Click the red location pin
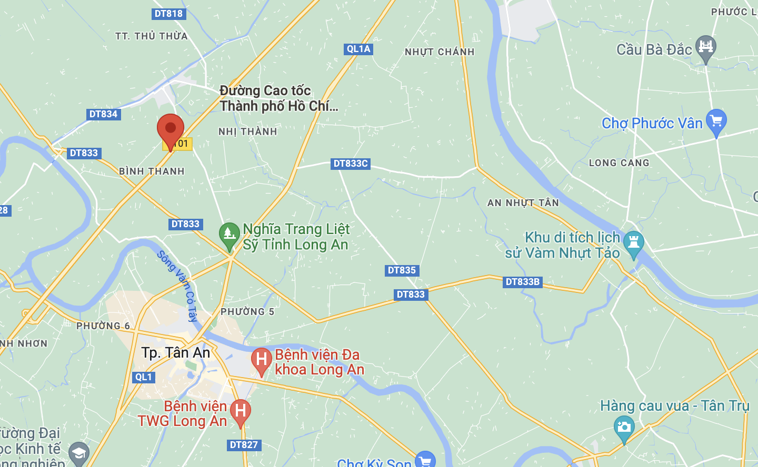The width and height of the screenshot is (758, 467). [171, 129]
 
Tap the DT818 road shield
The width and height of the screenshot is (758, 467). [168, 14]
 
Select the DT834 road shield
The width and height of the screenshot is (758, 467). [103, 114]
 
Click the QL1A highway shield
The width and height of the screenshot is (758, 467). [358, 49]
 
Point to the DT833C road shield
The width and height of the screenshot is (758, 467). [351, 164]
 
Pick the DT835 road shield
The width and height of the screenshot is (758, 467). [402, 270]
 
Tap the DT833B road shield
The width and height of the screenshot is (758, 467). [522, 282]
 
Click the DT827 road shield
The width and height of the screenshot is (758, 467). [244, 445]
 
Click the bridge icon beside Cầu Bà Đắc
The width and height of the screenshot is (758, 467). [705, 47]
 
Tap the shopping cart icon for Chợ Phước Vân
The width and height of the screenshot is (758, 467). [716, 121]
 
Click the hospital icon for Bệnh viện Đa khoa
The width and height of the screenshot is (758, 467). [261, 360]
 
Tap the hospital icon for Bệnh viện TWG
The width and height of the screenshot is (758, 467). [240, 411]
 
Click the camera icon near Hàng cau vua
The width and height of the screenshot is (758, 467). [624, 427]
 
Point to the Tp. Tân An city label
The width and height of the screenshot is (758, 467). [176, 352]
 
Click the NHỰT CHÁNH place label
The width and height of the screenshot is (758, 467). [440, 52]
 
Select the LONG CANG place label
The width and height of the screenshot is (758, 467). [619, 163]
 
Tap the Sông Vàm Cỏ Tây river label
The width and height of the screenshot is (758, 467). [178, 286]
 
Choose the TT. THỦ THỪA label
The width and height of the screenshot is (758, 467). [152, 36]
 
